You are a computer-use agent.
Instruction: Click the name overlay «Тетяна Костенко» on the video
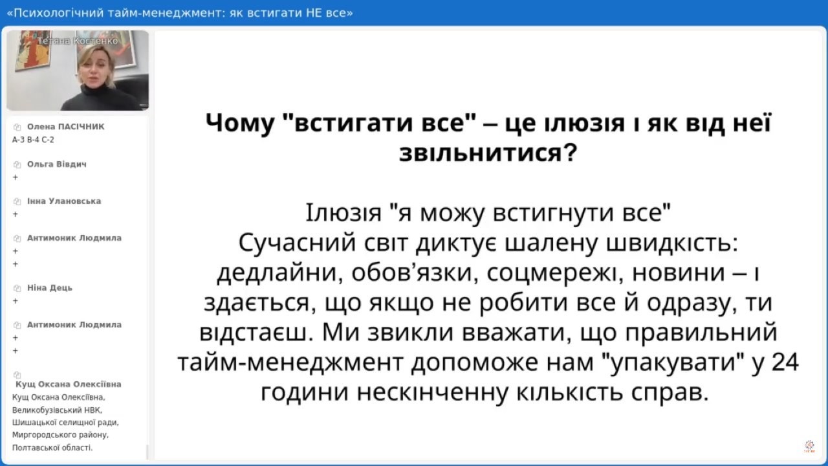(77, 41)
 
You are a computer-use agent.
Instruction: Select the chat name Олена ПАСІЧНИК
(66, 126)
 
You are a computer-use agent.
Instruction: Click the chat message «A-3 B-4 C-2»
(33, 140)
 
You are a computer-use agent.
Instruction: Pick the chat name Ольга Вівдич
(56, 164)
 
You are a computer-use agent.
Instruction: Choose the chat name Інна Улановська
(64, 201)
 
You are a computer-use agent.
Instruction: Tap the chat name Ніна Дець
(50, 288)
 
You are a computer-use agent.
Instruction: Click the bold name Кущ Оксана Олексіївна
(69, 384)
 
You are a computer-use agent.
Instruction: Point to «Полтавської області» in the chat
(52, 447)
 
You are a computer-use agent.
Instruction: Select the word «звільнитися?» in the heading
(488, 153)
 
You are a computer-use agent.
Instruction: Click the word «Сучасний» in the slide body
(297, 243)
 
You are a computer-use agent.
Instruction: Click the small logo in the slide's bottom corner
(809, 446)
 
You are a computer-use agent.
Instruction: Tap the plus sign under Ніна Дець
(15, 301)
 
